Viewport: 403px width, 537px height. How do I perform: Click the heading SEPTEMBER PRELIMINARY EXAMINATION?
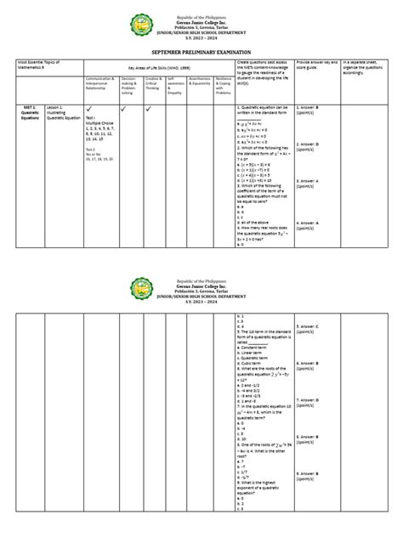pyautogui.click(x=201, y=51)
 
